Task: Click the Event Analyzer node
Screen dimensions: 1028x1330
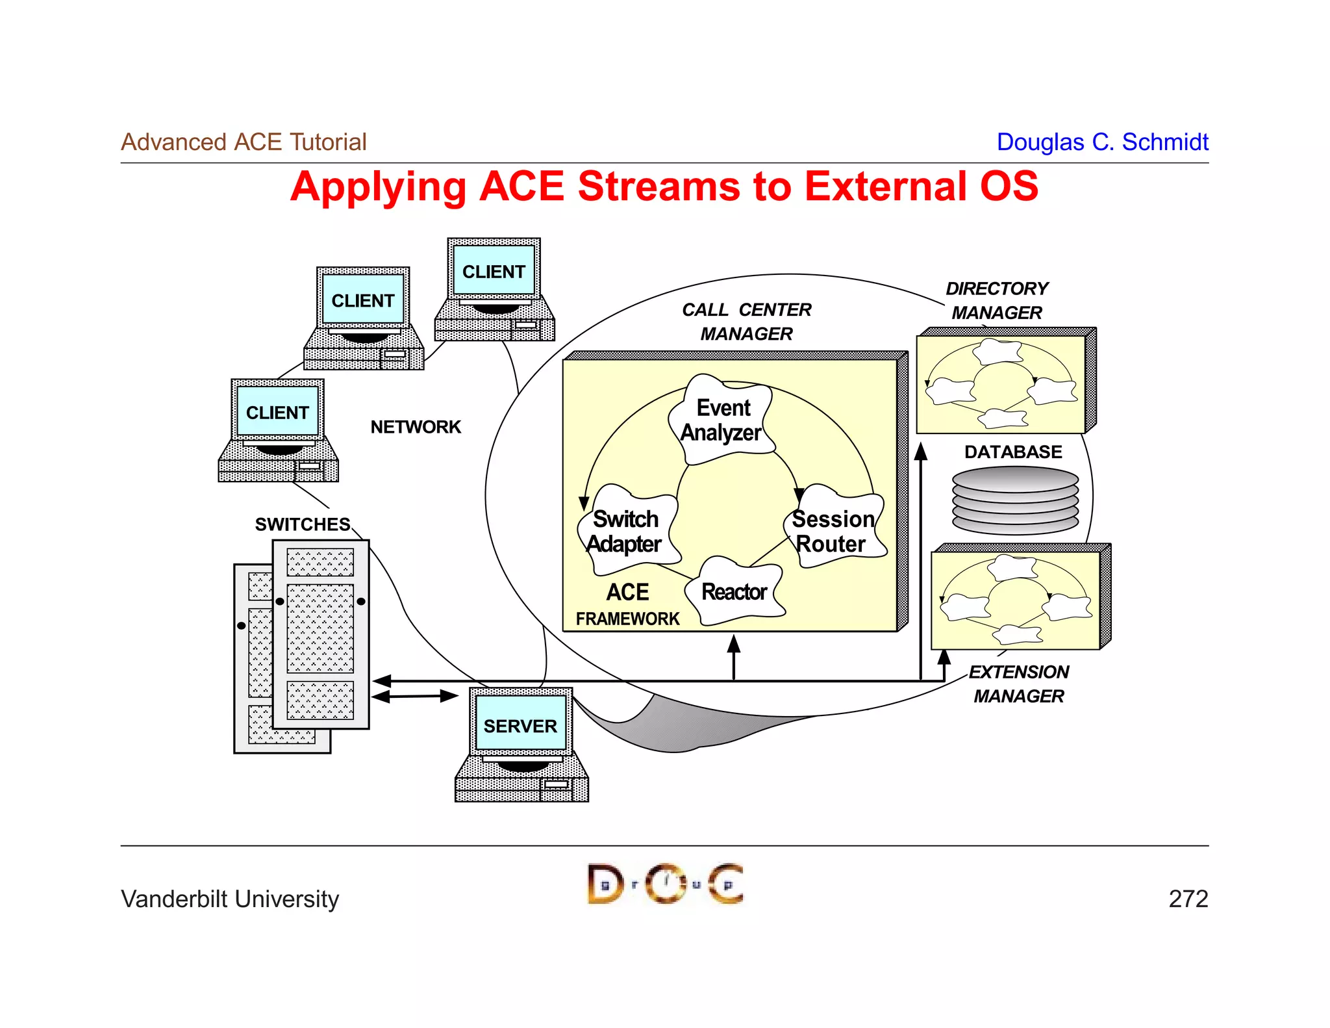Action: coord(721,420)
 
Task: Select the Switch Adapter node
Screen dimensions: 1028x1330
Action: coord(625,531)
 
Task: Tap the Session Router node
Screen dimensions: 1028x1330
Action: coord(833,531)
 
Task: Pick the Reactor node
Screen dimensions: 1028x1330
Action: coord(734,592)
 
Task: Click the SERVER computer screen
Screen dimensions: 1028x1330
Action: coord(520,726)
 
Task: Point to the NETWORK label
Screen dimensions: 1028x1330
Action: coord(416,427)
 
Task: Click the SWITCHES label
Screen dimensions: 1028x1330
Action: coord(302,524)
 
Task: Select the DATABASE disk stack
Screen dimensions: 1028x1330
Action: coord(1015,500)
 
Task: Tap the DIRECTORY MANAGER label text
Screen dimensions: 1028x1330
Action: coord(997,300)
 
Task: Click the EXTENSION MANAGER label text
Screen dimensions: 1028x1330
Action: coord(1018,684)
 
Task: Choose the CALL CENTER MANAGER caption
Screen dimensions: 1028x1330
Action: coord(746,322)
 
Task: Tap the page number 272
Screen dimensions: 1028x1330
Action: coord(1188,899)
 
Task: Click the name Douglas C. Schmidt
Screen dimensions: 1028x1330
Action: coord(1102,142)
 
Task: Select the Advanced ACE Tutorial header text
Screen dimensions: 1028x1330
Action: coord(244,142)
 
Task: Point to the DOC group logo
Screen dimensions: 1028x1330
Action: coord(665,884)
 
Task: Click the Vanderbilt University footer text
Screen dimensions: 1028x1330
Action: coord(230,899)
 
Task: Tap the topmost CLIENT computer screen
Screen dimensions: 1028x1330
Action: coord(494,271)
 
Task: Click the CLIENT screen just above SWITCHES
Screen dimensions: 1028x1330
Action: coord(277,413)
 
